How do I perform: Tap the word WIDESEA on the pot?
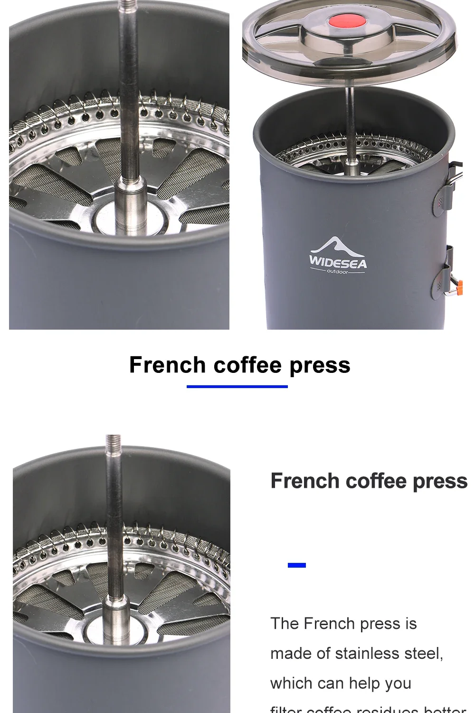(338, 262)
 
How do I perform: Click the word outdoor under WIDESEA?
(337, 272)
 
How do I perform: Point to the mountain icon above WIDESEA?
(335, 246)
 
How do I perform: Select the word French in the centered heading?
(167, 365)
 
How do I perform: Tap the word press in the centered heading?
(320, 365)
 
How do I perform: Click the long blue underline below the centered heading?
(237, 386)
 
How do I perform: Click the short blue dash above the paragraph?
(297, 565)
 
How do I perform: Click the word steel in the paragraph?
(426, 654)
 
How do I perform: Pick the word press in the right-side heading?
(440, 481)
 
